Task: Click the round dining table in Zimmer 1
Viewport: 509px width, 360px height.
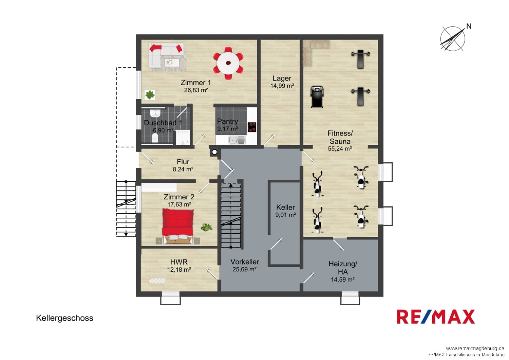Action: point(228,63)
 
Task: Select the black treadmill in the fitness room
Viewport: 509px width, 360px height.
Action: point(317,96)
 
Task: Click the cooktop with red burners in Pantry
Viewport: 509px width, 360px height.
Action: point(252,127)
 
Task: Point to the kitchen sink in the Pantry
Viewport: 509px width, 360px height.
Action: point(237,140)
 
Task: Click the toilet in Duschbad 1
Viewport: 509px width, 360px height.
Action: point(155,138)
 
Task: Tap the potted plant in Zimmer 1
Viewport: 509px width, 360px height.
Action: point(150,95)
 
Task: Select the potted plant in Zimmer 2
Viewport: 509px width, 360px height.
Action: point(206,227)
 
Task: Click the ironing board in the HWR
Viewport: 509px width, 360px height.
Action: point(157,281)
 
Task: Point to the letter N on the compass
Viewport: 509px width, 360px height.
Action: point(469,26)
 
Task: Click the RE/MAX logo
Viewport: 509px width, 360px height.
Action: point(436,317)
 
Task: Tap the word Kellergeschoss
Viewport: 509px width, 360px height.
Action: point(64,318)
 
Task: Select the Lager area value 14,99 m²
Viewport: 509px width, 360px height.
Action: point(282,86)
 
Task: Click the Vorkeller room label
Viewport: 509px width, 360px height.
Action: point(245,262)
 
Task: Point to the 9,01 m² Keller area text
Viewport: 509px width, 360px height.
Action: point(285,215)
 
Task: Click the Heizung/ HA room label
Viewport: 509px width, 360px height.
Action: point(343,268)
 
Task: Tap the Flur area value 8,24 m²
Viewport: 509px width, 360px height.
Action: point(183,169)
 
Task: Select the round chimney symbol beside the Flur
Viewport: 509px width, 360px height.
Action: point(214,152)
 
